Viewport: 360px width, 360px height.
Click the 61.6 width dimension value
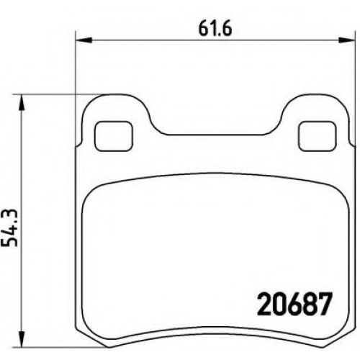tap(215, 30)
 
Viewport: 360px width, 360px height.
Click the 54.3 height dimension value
tap(9, 228)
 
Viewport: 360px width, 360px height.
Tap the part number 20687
tap(294, 304)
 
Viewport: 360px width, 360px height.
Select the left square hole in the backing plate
tap(114, 136)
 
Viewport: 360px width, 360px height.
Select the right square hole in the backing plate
tap(317, 136)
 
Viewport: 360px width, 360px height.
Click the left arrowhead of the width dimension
tap(84, 40)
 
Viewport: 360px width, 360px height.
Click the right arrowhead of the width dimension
tap(346, 40)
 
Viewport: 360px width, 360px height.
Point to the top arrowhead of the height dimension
tap(22, 102)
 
